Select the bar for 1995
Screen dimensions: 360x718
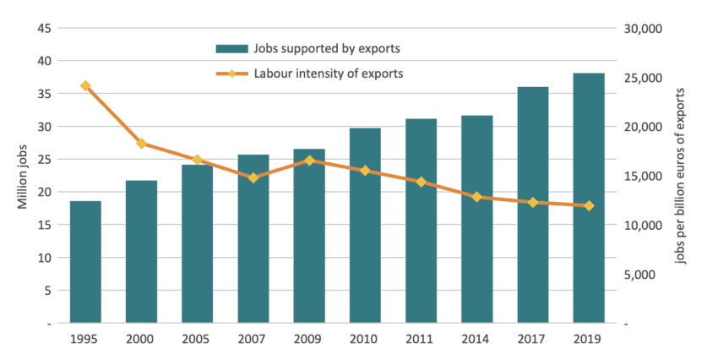(85, 262)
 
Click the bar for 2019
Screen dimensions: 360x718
(589, 199)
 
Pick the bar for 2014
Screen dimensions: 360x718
(476, 220)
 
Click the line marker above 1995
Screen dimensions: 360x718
(85, 85)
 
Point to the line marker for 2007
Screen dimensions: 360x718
(253, 177)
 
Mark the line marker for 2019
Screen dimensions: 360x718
(589, 205)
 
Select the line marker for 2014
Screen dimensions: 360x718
(476, 197)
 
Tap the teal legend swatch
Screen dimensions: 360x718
(231, 47)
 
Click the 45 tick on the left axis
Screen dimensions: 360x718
(45, 29)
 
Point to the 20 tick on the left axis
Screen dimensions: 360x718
(45, 192)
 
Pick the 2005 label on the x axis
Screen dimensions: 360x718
(197, 340)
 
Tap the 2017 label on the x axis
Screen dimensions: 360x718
(532, 340)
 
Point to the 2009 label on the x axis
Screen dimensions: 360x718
(309, 340)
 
